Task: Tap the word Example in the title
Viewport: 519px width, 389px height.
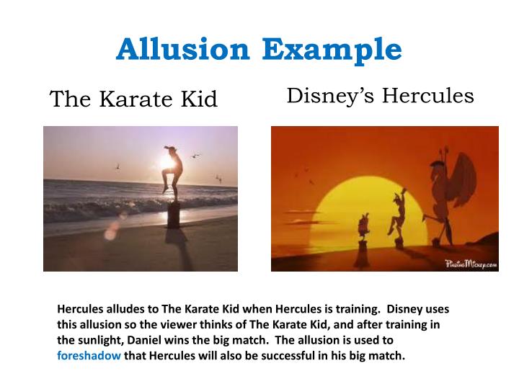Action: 332,50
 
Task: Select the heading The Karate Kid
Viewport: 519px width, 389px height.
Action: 133,99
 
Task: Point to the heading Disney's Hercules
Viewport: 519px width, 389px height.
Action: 380,95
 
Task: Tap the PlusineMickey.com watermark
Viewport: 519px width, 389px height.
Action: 470,264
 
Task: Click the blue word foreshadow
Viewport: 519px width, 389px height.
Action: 89,355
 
